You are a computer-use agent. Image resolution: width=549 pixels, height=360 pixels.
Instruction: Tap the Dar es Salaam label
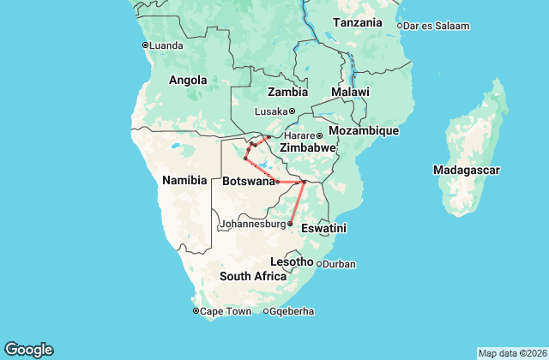[x=437, y=26]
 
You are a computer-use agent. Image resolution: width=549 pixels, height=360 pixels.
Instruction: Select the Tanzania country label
[x=358, y=22]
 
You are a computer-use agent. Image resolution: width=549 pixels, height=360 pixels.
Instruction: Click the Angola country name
[x=188, y=81]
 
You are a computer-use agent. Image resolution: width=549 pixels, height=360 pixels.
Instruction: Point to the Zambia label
[x=287, y=92]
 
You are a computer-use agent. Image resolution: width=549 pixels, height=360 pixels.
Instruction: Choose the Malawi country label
[x=350, y=92]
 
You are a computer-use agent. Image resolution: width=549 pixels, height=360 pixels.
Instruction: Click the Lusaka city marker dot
[x=292, y=111]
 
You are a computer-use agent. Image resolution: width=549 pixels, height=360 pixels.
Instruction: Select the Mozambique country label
[x=365, y=130]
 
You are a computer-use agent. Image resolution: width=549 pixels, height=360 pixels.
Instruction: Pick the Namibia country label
[x=184, y=180]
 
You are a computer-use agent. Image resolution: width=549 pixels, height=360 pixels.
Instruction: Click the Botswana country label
[x=248, y=182]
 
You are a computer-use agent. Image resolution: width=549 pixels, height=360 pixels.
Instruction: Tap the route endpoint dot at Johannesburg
[x=290, y=224]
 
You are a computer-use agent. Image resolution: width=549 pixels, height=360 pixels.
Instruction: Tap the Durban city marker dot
[x=319, y=264]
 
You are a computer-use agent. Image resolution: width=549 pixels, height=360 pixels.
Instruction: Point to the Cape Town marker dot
[x=196, y=311]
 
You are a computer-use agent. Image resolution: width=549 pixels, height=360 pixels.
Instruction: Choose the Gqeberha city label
[x=291, y=311]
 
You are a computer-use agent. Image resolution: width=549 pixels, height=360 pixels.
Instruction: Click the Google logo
[x=28, y=350]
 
